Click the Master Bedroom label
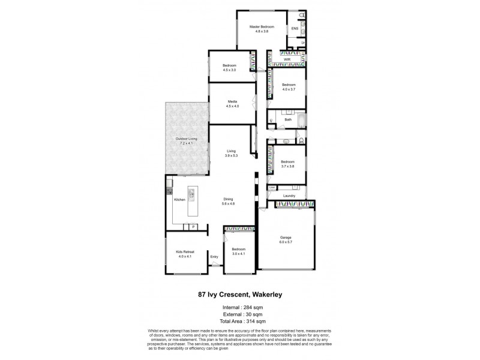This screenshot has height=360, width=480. point(262,27)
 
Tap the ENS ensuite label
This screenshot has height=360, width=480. point(295,28)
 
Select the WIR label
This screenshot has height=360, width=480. point(287,60)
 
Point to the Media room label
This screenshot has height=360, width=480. point(232,101)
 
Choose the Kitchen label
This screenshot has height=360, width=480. point(179,199)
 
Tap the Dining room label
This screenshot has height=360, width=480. point(229,199)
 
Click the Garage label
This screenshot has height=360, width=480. point(286,238)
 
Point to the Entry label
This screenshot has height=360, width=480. point(214,257)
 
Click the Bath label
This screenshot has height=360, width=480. point(288,119)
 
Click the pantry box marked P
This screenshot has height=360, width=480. point(193,226)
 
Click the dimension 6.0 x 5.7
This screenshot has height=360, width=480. point(286,242)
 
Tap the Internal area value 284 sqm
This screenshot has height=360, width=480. point(252,308)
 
